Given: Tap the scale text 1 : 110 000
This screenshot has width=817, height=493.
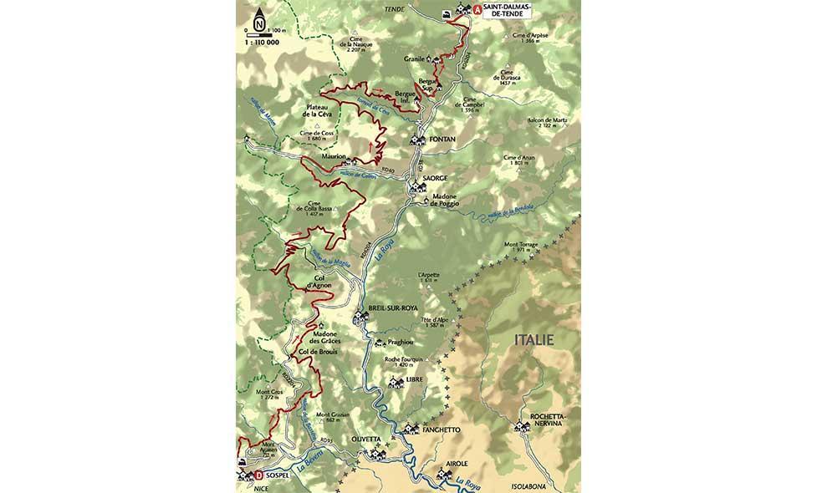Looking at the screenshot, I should [x=263, y=40].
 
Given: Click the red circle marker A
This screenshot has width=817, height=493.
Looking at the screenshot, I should [x=477, y=11].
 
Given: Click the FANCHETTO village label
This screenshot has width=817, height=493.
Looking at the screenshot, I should [x=444, y=429].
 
